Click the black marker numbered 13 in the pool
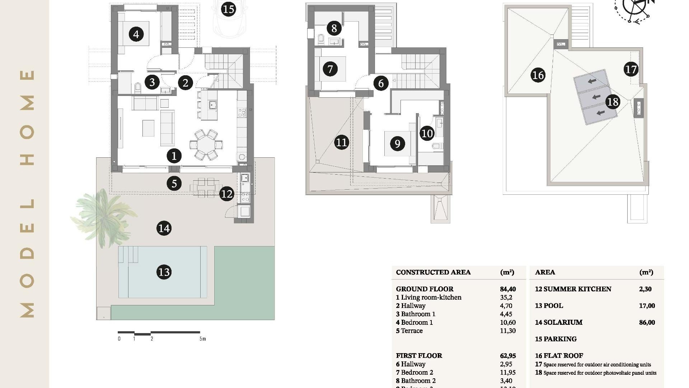[164, 272]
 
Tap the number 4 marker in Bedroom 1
[136, 34]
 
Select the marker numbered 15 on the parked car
[229, 9]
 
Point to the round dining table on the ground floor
[206, 145]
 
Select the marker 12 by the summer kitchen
[227, 194]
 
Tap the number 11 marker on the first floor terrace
[341, 143]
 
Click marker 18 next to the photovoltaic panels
[613, 102]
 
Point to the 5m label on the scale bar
[203, 339]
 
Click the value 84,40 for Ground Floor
[508, 289]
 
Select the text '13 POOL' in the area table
[549, 306]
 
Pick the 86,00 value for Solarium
[647, 322]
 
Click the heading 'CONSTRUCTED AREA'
[433, 272]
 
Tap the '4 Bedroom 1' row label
[414, 322]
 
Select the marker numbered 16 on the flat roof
[538, 75]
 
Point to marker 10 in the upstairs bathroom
[427, 134]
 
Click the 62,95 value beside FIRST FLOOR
[508, 356]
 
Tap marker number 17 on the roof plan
[631, 69]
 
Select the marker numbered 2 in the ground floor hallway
[186, 83]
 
